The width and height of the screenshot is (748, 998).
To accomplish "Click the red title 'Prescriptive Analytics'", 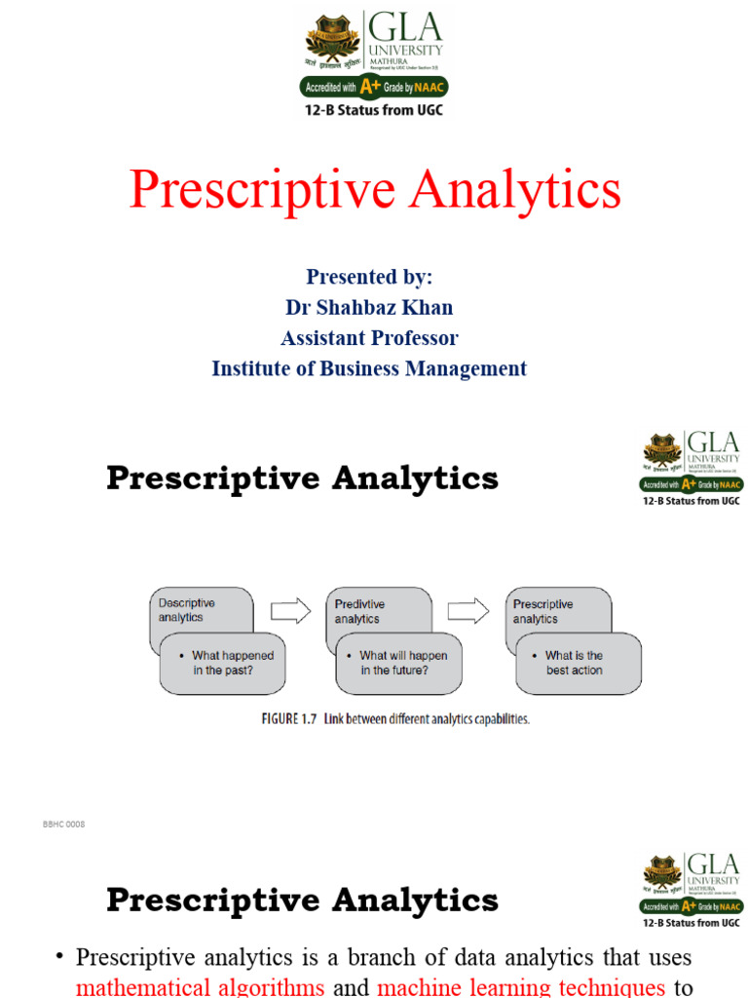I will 375,189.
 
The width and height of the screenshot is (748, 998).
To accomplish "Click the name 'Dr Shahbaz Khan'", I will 369,308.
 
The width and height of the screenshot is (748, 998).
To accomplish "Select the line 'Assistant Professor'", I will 369,338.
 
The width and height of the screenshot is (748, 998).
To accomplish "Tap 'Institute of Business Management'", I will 369,368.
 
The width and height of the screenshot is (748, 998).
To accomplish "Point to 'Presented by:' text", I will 369,277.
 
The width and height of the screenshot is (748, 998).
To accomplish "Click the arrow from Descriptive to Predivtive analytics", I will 289,611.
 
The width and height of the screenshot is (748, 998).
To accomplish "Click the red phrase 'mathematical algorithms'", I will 200,987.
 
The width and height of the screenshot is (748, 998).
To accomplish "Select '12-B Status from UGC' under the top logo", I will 374,110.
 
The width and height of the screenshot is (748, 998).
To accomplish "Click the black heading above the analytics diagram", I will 302,479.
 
